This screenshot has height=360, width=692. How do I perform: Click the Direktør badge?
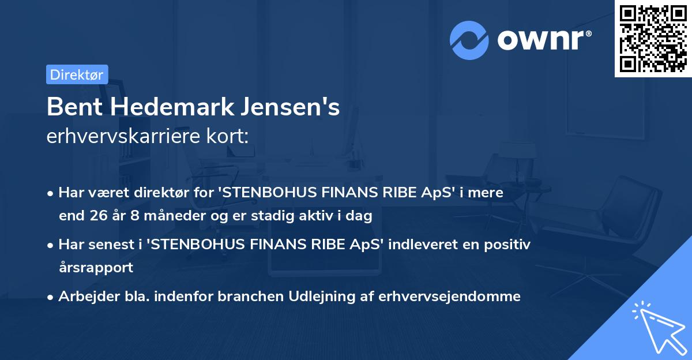point(77,74)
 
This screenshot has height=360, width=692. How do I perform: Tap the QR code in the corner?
point(653,38)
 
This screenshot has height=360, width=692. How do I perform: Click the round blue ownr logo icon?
point(469,40)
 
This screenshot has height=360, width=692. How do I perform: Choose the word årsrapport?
point(96,268)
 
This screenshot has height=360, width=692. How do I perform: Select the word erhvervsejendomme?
point(451,296)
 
